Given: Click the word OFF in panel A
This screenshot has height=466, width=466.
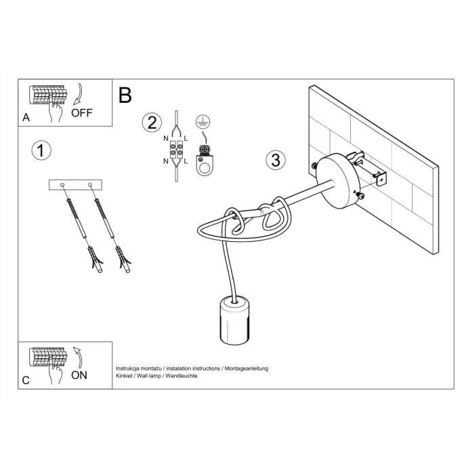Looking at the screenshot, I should (x=81, y=113).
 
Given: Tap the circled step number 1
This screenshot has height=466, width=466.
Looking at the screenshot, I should (x=41, y=150).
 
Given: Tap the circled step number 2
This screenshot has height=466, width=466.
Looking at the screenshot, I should (x=152, y=123).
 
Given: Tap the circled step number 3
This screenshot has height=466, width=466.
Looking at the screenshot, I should (x=275, y=161).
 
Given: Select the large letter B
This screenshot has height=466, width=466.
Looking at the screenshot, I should (x=125, y=96).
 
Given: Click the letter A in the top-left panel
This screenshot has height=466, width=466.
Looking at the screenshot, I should (x=26, y=117).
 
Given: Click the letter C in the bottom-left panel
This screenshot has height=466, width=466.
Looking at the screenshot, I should (x=26, y=380).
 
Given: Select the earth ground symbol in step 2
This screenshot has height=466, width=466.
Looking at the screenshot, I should (x=200, y=121).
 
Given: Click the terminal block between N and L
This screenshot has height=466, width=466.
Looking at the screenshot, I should (x=177, y=153).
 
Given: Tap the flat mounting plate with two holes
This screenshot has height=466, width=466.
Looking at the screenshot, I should (x=75, y=184).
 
